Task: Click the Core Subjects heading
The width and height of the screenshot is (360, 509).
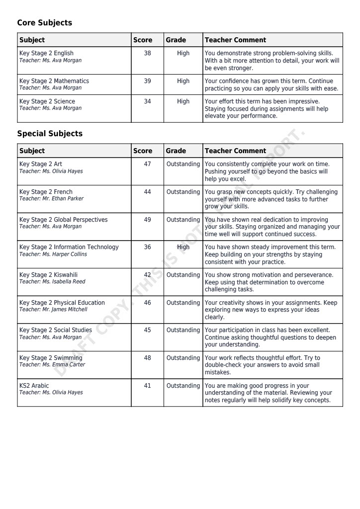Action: (x=44, y=23)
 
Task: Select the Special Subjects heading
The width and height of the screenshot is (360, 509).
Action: (x=50, y=134)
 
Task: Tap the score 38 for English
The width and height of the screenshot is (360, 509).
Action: (x=147, y=53)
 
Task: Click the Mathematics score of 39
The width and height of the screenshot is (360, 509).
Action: (x=147, y=81)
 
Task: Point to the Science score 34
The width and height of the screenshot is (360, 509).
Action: (x=147, y=101)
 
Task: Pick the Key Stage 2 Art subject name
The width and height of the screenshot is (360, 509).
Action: (x=40, y=164)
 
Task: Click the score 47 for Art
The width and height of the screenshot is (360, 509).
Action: (x=147, y=164)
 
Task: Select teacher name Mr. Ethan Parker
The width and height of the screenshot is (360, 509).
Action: (x=51, y=199)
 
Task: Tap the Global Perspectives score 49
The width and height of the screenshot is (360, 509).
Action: (x=147, y=220)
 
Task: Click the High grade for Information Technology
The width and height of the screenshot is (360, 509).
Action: (x=183, y=247)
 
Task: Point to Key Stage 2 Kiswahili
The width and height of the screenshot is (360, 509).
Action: (x=48, y=275)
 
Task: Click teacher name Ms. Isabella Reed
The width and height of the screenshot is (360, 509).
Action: (x=52, y=282)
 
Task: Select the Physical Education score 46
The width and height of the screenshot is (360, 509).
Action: (x=147, y=303)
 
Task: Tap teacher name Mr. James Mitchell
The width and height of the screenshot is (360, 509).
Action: (x=53, y=310)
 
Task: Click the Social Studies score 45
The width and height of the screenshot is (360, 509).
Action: (x=147, y=330)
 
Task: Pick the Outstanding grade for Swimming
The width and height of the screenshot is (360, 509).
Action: (x=183, y=358)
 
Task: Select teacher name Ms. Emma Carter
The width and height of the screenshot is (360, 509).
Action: (x=52, y=365)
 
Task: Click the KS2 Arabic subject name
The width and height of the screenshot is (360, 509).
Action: (x=34, y=386)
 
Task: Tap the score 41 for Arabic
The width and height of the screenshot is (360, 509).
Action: (x=147, y=386)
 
